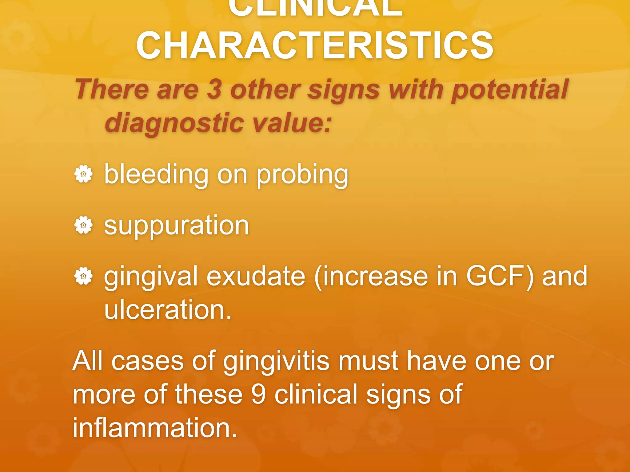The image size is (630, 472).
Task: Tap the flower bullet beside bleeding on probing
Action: (83, 174)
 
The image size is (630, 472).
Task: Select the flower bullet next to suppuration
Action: (83, 225)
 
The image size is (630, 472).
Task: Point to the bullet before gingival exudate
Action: (83, 276)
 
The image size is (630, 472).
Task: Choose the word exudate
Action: (256, 276)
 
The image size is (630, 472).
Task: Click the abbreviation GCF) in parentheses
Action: (500, 276)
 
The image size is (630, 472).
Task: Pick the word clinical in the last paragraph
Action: (316, 394)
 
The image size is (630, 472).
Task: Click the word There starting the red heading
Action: (112, 89)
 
